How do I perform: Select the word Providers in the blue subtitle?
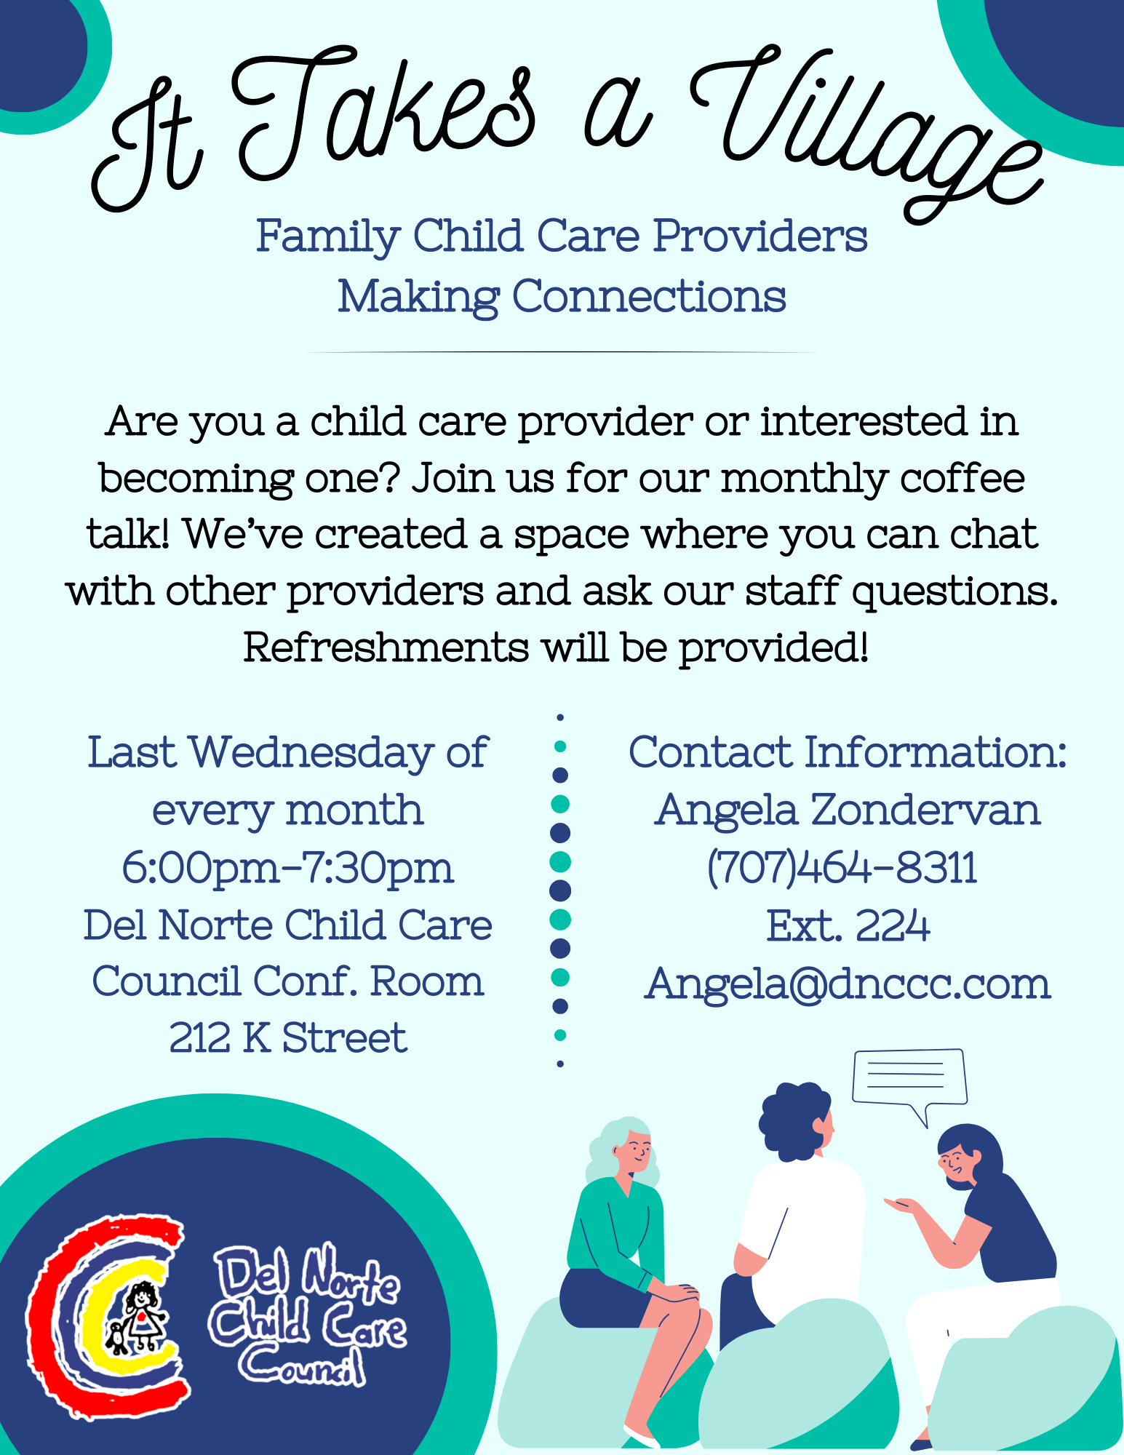760,236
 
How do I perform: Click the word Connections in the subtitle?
649,298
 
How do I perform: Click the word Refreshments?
386,647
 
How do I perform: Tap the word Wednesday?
311,752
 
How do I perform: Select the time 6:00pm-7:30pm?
288,869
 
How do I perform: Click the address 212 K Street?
288,1037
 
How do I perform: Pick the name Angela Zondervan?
848,810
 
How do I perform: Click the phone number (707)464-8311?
842,867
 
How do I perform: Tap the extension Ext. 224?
848,926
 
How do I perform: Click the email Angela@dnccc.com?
848,984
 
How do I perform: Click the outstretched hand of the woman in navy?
902,1205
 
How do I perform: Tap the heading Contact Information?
848,752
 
